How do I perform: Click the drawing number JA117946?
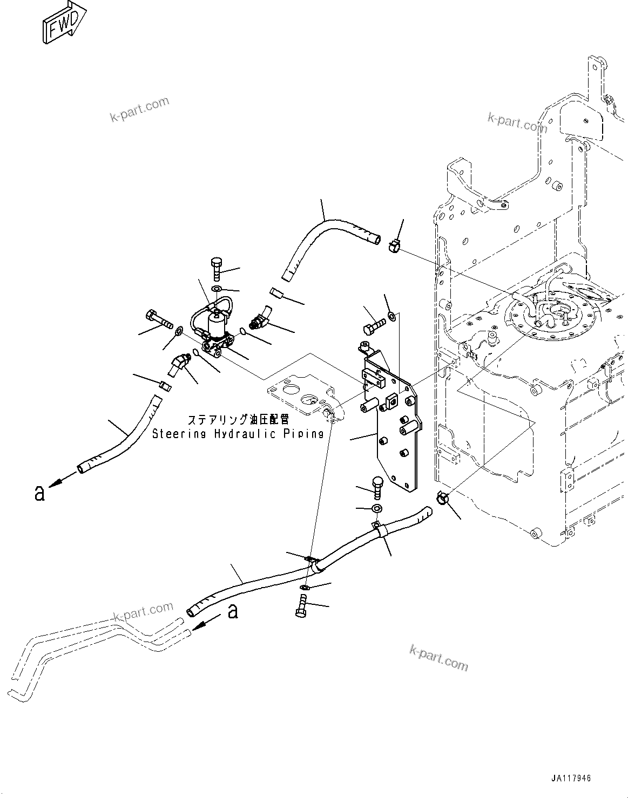coord(571,779)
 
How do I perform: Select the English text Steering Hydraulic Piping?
coord(238,434)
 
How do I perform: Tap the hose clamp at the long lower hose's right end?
coord(442,499)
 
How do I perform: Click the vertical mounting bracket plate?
coord(394,426)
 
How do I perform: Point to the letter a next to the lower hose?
coord(233,611)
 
